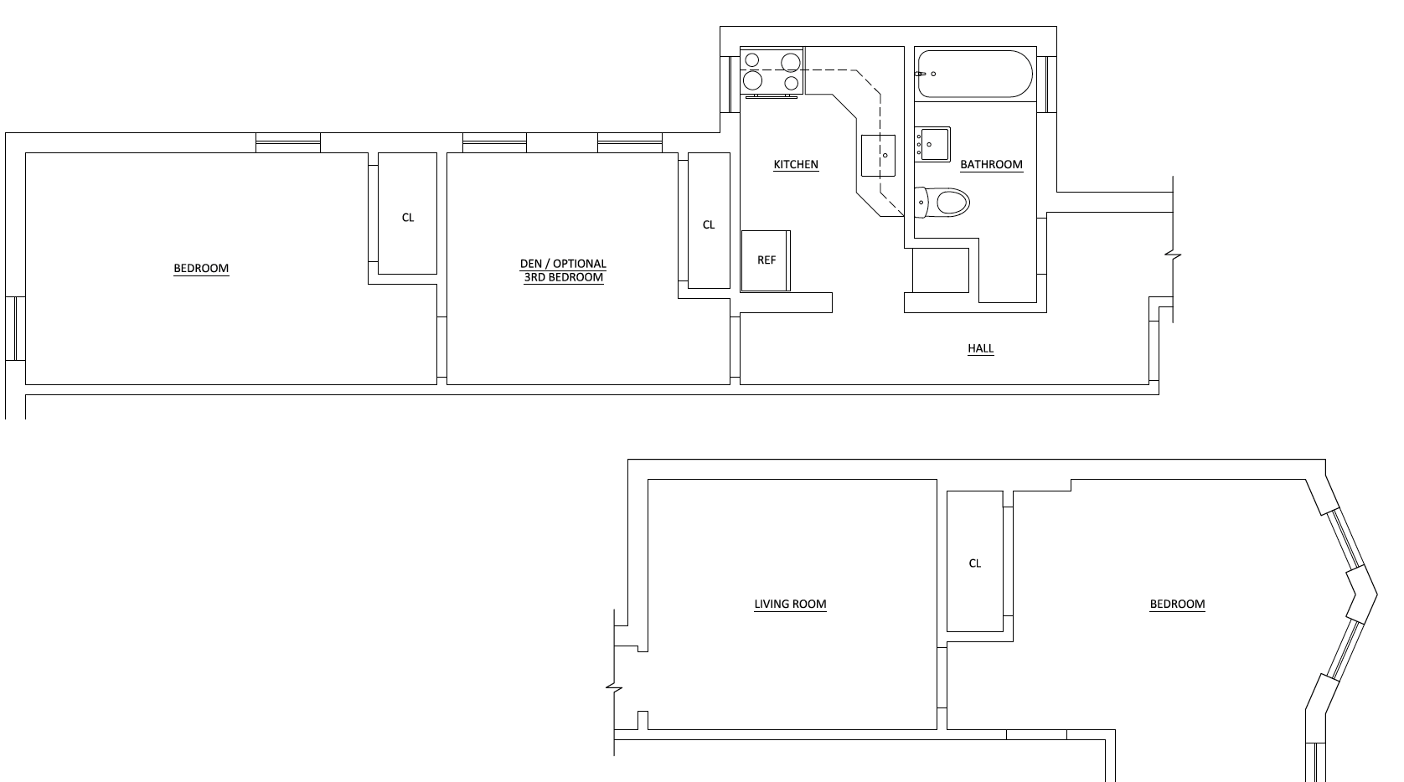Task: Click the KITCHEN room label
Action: [x=795, y=165]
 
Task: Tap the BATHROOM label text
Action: [x=991, y=165]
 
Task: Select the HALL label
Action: [x=980, y=348]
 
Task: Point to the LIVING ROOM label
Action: [x=790, y=604]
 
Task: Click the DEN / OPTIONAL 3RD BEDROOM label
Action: [x=563, y=270]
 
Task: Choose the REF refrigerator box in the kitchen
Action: [x=766, y=260]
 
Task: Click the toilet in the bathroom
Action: [x=943, y=202]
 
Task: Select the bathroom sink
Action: [x=932, y=144]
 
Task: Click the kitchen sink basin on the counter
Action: [x=878, y=156]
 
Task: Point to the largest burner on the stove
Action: [x=753, y=81]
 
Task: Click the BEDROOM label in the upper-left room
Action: [x=201, y=269]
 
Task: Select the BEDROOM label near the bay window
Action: [x=1177, y=604]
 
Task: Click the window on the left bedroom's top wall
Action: [x=288, y=143]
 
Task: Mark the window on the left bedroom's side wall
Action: [x=15, y=328]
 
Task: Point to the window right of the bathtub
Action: [x=1046, y=84]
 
